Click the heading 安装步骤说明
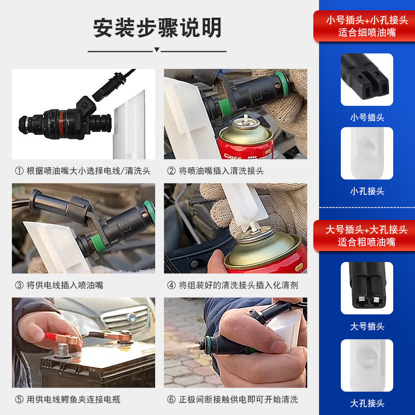click(x=157, y=27)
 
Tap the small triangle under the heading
click(x=157, y=51)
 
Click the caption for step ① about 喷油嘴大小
click(x=82, y=170)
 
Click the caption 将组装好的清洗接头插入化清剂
click(x=232, y=285)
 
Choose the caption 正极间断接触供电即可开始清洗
click(x=232, y=399)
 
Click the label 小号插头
click(x=367, y=117)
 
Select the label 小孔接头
click(x=367, y=191)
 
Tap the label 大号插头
click(x=367, y=326)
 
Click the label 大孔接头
click(x=367, y=403)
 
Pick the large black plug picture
click(x=367, y=288)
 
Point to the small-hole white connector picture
click(x=367, y=154)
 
